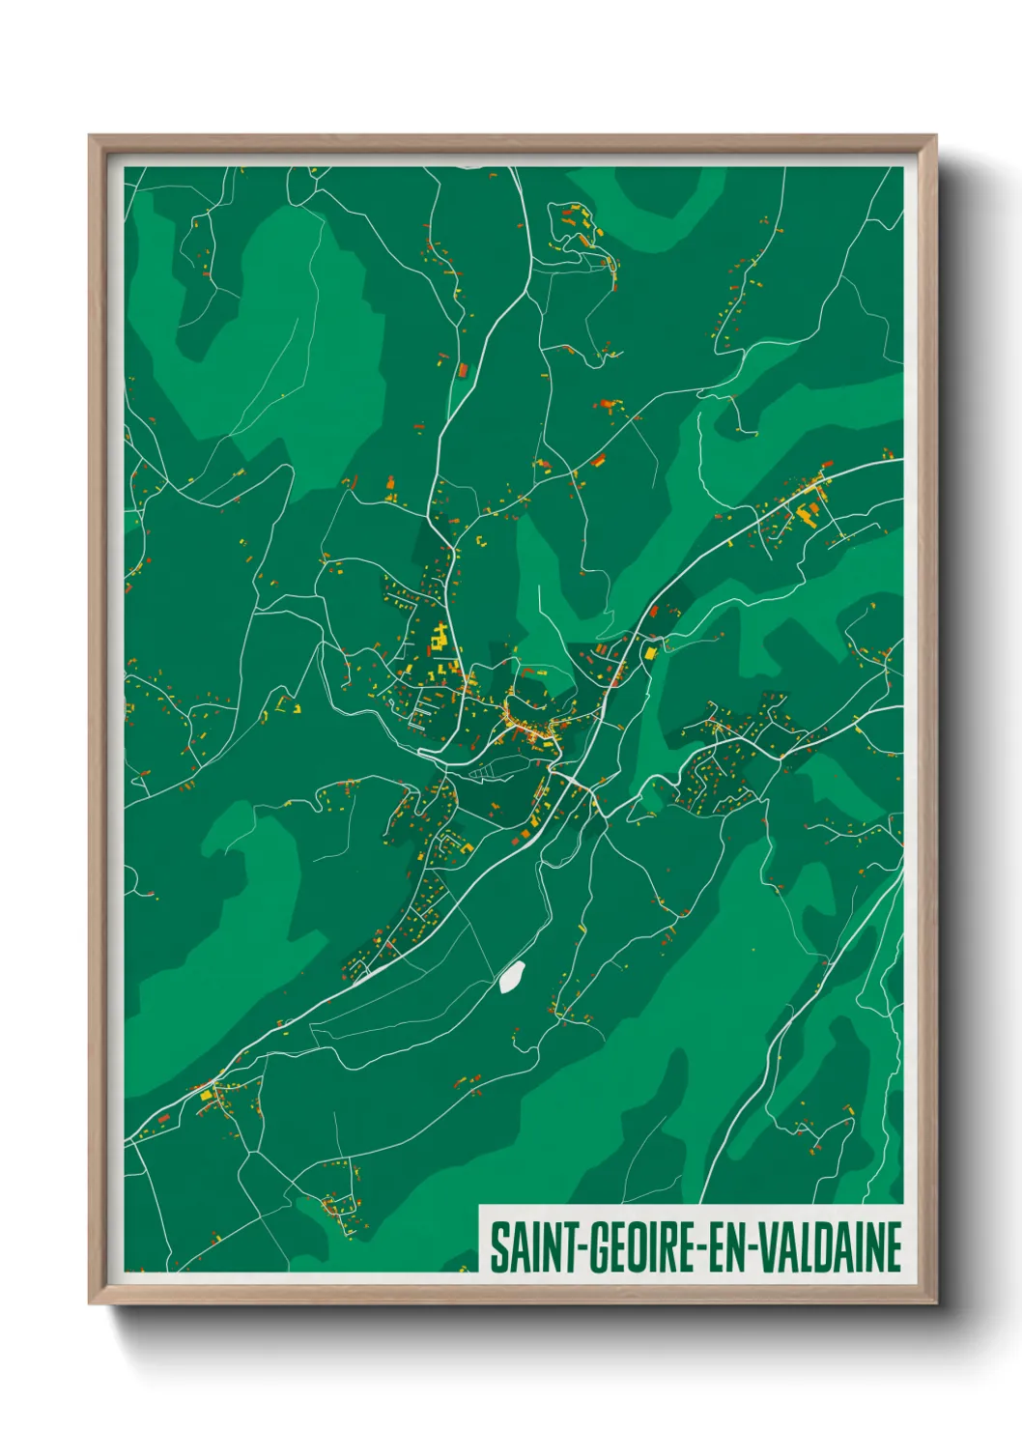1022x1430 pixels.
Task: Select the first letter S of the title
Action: (498, 1247)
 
